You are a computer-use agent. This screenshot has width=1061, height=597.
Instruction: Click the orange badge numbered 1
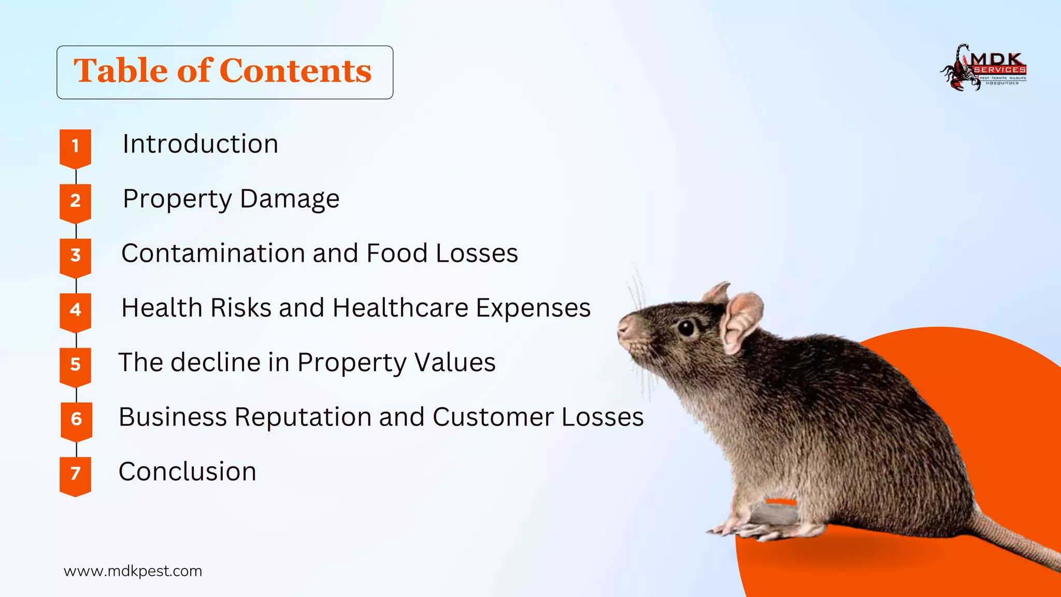click(75, 147)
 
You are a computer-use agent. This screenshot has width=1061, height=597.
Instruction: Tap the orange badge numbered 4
click(75, 310)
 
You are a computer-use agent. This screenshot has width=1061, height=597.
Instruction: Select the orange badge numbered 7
click(75, 474)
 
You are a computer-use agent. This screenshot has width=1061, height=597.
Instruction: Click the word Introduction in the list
click(200, 144)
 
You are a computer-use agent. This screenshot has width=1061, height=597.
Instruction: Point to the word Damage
click(290, 199)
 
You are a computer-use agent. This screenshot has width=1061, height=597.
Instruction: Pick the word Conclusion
click(188, 472)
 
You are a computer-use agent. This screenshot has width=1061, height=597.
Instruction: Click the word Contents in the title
click(295, 71)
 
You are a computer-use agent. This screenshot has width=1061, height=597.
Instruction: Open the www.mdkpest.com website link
click(133, 571)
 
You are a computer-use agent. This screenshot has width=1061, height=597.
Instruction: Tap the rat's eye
click(686, 328)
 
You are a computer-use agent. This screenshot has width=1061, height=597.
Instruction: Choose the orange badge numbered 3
click(75, 256)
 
